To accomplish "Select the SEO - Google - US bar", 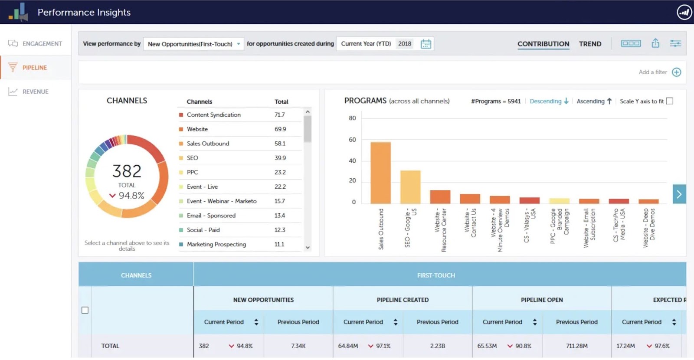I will [x=410, y=187].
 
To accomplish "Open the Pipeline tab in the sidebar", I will [x=35, y=68].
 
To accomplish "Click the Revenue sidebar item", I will [x=35, y=92].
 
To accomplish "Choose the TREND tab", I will [x=590, y=44].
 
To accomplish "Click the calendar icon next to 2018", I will [x=426, y=44].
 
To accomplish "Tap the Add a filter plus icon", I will [x=676, y=72].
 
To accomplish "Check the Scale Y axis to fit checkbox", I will [x=669, y=101].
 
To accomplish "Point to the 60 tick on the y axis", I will [x=352, y=140].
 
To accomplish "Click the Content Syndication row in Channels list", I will [x=213, y=115].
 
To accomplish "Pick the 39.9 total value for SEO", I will [x=280, y=158].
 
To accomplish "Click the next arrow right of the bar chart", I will [x=679, y=194].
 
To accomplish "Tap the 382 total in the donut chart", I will [x=127, y=171].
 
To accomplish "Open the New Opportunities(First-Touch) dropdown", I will [x=193, y=44].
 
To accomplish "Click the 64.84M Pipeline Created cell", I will [x=348, y=346].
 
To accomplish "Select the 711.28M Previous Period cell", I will [x=576, y=346].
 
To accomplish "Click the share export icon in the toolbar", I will [x=655, y=43].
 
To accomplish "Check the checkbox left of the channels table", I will [x=85, y=310].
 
